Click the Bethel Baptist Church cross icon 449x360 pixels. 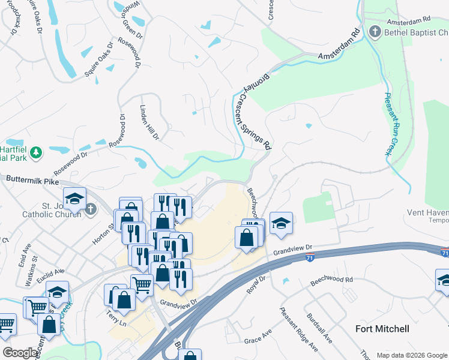375,31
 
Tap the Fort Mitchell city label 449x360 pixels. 382,329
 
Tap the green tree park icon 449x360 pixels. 36,152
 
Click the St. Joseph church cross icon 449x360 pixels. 90,209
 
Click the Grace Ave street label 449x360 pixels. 258,340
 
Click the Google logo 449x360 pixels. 19,353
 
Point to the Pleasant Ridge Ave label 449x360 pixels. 298,328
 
